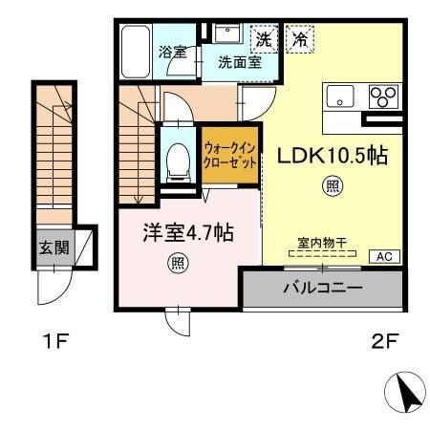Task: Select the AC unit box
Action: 384,256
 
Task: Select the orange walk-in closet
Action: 229,155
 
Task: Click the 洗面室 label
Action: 239,64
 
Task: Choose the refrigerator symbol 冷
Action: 299,40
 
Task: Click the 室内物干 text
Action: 320,244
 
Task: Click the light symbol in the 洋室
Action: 177,261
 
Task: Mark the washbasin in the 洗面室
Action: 227,36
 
